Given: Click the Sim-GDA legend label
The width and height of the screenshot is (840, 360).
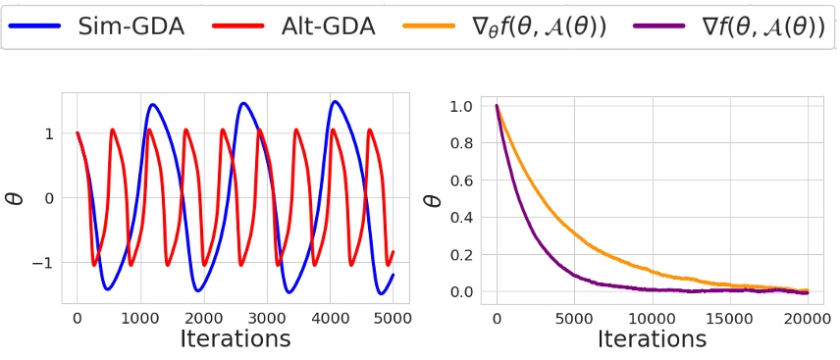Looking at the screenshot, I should click(x=131, y=27).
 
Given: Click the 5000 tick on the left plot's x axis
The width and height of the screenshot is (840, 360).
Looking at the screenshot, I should click(x=392, y=317).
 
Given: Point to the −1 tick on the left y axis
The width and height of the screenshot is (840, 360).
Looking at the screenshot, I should click(x=44, y=262).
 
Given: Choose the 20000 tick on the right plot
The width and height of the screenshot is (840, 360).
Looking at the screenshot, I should click(x=808, y=317).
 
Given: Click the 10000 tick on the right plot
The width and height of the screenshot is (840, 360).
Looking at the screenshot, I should click(x=653, y=317).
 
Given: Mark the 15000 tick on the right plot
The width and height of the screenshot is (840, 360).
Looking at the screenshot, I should click(x=730, y=317).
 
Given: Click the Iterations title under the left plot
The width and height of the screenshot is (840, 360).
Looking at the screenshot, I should click(x=235, y=339).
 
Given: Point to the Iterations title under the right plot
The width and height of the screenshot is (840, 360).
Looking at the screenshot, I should click(x=652, y=339).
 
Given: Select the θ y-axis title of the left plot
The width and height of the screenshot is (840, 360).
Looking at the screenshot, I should click(x=16, y=198).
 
